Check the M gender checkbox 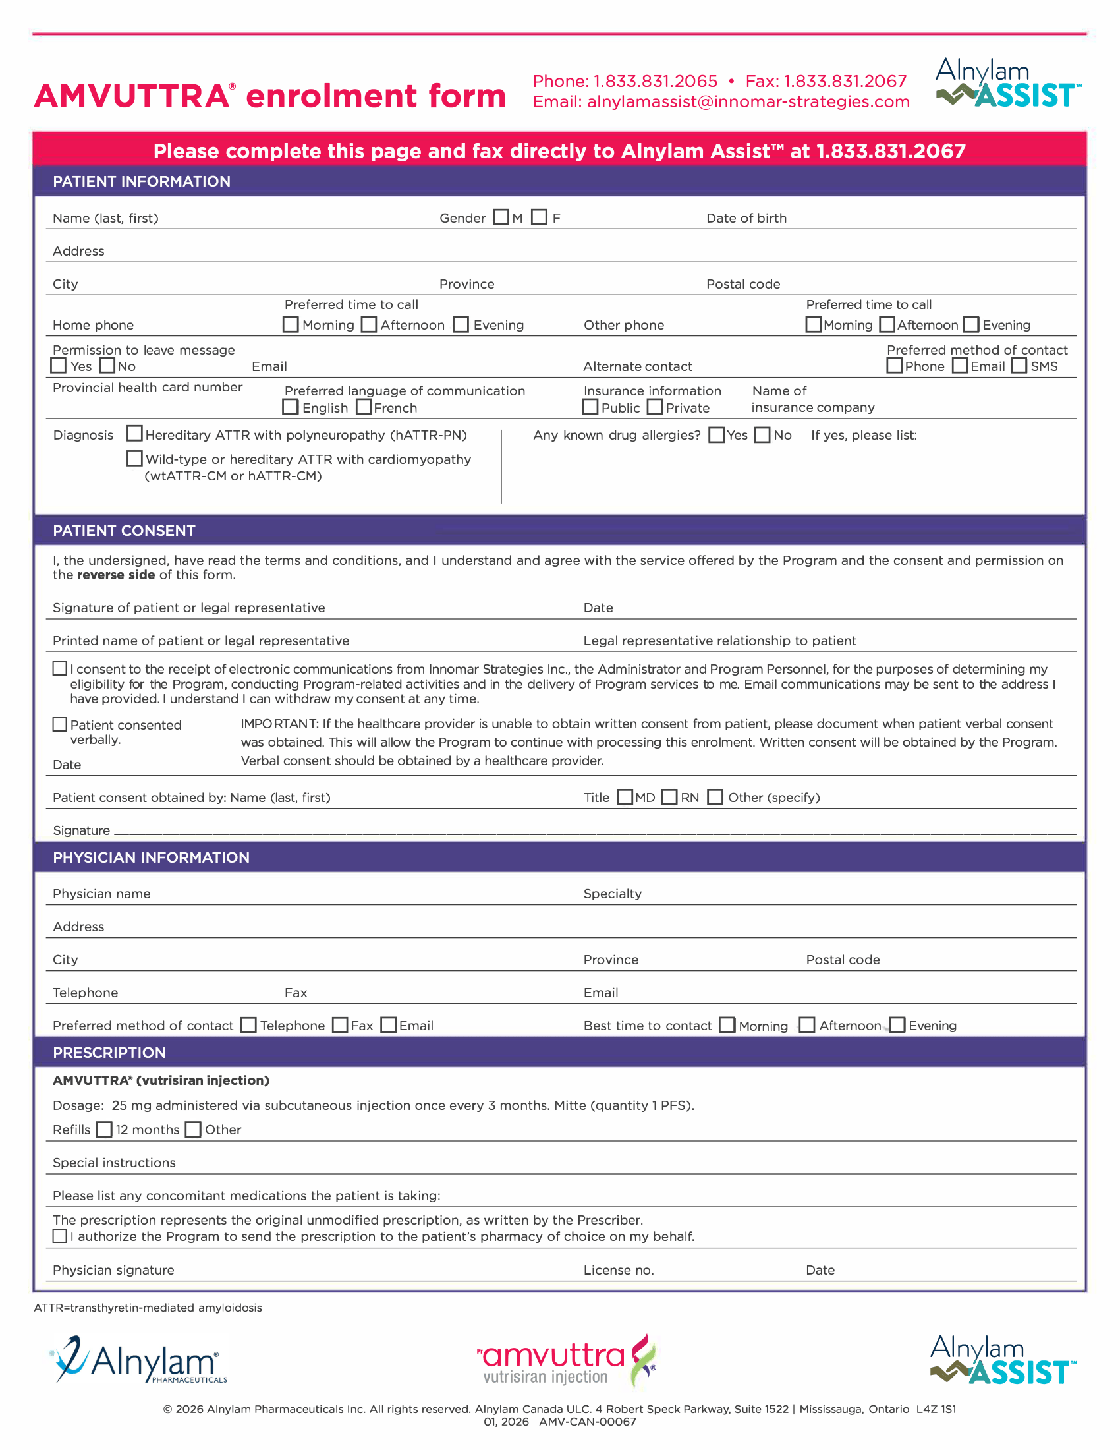[501, 217]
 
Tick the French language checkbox [364, 407]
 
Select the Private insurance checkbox [655, 407]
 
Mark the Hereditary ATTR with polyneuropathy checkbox [134, 434]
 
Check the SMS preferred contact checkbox [1019, 366]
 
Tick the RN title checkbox [670, 797]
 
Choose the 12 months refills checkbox [104, 1129]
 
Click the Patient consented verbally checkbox [60, 724]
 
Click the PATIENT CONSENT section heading [124, 531]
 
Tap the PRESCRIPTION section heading [109, 1053]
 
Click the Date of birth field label [746, 218]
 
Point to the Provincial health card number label [148, 387]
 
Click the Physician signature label [113, 1270]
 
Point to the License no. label [619, 1270]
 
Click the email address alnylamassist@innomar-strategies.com [748, 101]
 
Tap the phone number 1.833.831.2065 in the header [655, 81]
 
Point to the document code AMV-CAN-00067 [587, 1422]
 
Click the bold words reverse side [115, 575]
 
